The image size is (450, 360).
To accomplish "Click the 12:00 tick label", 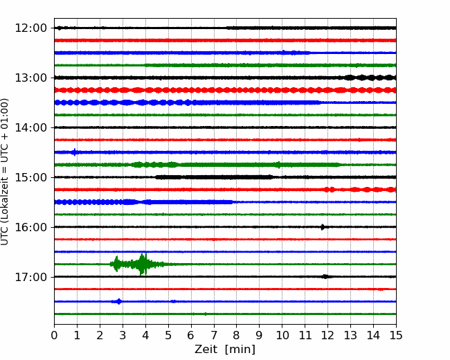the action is point(30,28).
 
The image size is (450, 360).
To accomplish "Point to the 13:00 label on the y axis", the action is point(30,78).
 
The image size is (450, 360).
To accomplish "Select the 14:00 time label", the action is point(30,127).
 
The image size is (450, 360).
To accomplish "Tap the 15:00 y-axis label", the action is point(30,177).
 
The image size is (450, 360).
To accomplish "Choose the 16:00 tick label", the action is point(30,227).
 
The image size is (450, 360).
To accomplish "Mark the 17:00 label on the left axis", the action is point(30,277).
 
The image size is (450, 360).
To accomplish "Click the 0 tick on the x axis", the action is point(54,335).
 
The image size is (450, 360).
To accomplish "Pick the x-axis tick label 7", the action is point(214,335).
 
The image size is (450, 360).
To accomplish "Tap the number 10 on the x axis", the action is point(282,335).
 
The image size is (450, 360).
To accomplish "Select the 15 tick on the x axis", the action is point(396,335).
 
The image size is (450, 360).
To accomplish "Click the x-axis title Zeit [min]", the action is point(225,350).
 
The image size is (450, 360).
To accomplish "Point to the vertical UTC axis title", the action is point(5,172).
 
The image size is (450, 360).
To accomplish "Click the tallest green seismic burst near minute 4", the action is point(143,264).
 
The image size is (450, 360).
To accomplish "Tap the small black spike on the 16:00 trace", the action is point(323,227).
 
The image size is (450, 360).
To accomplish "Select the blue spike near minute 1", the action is point(75,152).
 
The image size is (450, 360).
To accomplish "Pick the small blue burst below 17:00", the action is point(118,301).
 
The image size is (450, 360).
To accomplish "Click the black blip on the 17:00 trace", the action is point(325,277).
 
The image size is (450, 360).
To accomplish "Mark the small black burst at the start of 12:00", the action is point(59,28).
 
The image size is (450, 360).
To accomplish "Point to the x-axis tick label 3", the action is point(123,335).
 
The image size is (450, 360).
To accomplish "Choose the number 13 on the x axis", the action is point(350,335).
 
